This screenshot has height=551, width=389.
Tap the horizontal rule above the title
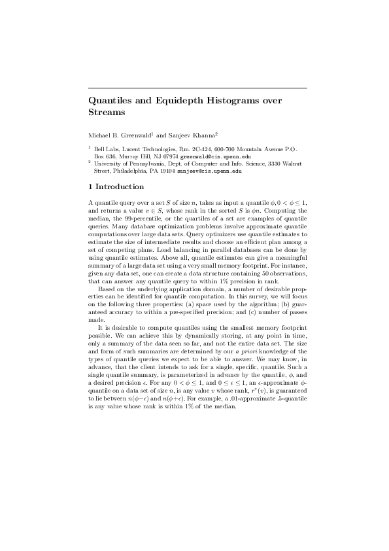coord(197,88)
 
